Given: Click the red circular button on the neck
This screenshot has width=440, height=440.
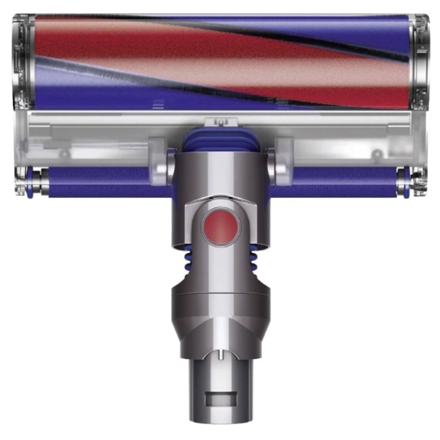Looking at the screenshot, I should [219, 224].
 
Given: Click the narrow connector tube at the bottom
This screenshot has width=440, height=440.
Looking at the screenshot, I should [219, 386].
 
